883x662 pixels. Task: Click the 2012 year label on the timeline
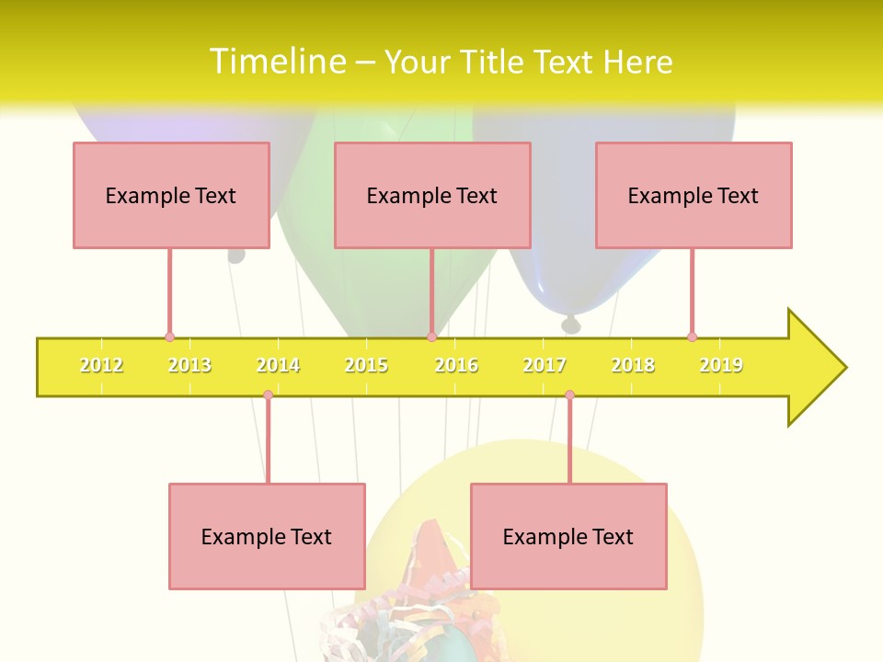[101, 366]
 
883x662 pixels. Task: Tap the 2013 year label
[189, 366]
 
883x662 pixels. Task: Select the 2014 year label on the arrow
[278, 366]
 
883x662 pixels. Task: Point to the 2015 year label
[366, 366]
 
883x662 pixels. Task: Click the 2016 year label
[456, 366]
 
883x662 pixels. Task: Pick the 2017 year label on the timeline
[545, 366]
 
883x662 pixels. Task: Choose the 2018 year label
[633, 366]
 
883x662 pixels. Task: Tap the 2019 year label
[721, 366]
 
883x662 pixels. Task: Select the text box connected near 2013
[171, 195]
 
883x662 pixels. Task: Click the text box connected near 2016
[432, 195]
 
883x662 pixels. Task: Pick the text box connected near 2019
[694, 195]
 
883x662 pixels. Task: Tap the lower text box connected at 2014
[267, 536]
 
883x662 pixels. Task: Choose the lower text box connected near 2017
[568, 536]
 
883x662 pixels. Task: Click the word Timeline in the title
[276, 62]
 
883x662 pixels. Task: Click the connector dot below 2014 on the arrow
[268, 395]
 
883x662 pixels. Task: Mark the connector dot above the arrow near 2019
[692, 337]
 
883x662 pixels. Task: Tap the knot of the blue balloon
[571, 324]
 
